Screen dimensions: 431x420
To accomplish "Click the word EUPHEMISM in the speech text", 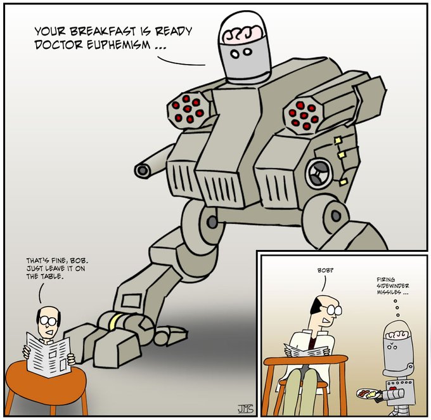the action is [119, 45].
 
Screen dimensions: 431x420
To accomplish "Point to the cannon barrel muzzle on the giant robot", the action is [143, 171].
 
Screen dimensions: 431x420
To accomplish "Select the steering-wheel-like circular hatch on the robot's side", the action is [319, 174].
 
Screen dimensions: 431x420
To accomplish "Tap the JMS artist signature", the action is [245, 409].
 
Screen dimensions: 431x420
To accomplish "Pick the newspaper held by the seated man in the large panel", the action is [49, 355].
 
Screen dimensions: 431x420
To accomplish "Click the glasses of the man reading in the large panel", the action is [49, 320].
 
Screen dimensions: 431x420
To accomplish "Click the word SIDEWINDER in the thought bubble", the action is [393, 286].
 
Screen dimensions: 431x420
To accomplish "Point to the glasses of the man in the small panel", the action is [334, 310].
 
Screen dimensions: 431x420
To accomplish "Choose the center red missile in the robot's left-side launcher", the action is [187, 108].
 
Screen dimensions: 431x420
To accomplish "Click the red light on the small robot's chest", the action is [394, 389].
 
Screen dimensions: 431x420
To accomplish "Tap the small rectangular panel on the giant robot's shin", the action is [132, 301].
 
